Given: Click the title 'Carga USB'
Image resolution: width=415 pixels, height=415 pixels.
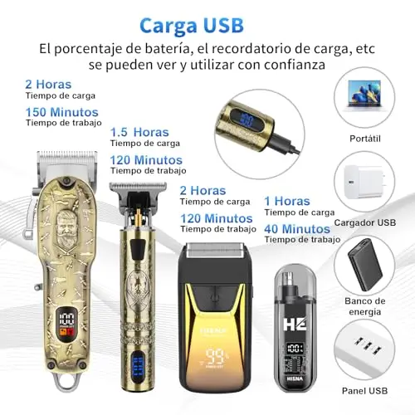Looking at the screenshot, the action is coord(192,26).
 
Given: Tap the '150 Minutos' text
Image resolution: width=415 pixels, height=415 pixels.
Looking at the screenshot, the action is coord(62,112).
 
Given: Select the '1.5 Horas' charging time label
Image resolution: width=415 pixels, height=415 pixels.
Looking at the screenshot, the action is coord(139,132).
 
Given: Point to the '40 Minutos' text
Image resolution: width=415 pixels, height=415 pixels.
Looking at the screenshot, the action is coord(297,229).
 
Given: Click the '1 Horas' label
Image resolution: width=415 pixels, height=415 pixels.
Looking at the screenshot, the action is coord(287,201).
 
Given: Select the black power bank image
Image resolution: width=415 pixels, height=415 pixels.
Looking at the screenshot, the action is coord(365,265).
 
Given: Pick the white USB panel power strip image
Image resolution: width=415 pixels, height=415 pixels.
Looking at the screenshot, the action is coord(364,351).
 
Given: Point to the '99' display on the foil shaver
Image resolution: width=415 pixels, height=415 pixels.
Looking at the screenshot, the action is coord(217,357).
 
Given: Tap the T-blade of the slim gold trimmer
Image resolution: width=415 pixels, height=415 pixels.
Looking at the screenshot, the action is coord(138,187).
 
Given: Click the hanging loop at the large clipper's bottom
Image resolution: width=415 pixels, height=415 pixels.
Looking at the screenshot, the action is coord(66,381).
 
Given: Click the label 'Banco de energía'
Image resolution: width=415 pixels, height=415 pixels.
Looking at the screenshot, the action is coord(365,306).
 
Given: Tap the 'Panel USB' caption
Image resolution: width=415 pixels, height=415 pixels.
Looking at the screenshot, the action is coord(364,391).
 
